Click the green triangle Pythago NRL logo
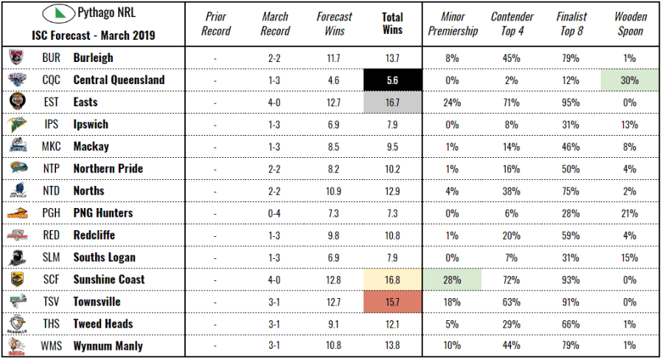coord(57,14)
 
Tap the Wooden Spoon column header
coord(630,24)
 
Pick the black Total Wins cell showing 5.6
coord(393,80)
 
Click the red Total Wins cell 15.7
coord(393,302)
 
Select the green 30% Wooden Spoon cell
coord(629,80)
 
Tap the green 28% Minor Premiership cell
coord(452,280)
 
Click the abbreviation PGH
coord(52,213)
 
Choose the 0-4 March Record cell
coord(275,213)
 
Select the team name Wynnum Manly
coord(108,346)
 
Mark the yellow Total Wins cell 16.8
coord(393,280)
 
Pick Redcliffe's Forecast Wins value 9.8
coord(333,235)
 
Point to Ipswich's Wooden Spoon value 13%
coord(629,124)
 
